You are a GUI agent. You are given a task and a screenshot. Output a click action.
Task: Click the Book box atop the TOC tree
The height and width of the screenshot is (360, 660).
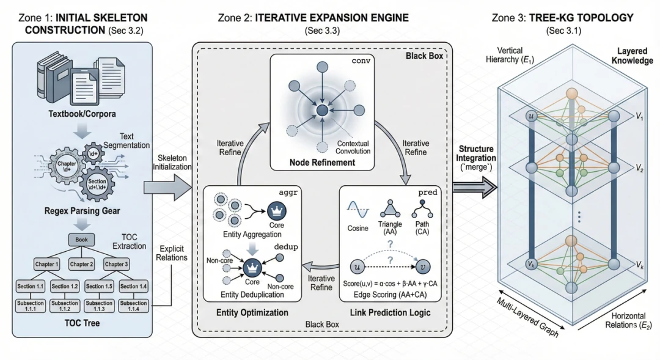click(x=81, y=241)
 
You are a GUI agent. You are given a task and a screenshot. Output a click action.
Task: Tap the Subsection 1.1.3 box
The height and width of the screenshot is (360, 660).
click(x=98, y=306)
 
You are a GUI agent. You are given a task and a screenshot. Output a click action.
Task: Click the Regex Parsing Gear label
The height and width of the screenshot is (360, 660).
click(x=81, y=212)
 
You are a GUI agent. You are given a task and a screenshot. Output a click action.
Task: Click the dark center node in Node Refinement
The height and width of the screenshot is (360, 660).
click(x=321, y=111)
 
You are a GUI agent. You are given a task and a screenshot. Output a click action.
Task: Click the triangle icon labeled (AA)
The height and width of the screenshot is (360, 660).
click(x=391, y=210)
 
